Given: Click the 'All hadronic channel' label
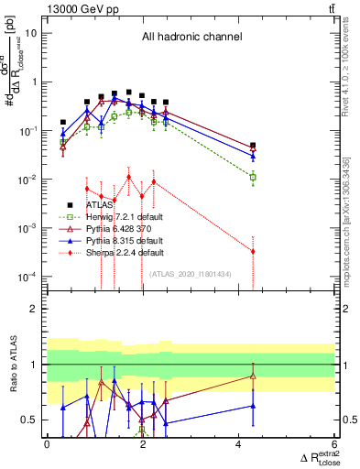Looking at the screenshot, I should coord(191,38).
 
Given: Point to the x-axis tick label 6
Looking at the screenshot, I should coord(334,444).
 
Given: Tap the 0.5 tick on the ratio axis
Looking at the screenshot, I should coord(30,420).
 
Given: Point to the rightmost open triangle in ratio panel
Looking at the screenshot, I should coord(253,376).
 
